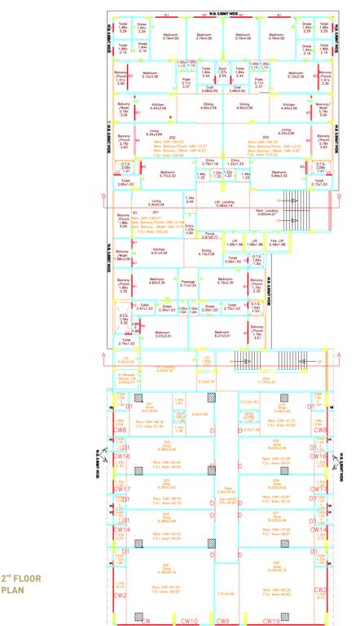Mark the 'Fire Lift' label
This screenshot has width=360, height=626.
tap(277, 242)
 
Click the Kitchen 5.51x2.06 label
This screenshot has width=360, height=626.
tap(159, 251)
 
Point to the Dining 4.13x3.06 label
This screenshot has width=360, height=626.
tap(206, 253)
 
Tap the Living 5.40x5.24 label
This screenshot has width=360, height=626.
tap(155, 203)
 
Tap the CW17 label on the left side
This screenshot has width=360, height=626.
tap(121, 489)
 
